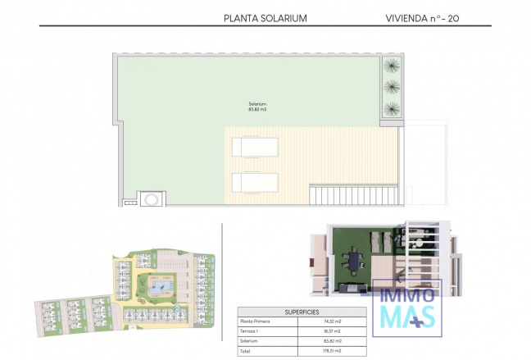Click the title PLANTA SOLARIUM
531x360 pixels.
click(265, 17)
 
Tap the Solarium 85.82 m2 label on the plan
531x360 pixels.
click(258, 107)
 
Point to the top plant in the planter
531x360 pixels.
click(392, 66)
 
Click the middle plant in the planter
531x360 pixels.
click(392, 86)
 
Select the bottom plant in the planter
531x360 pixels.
click(392, 107)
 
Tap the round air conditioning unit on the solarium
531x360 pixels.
click(151, 199)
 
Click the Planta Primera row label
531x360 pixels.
click(254, 321)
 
